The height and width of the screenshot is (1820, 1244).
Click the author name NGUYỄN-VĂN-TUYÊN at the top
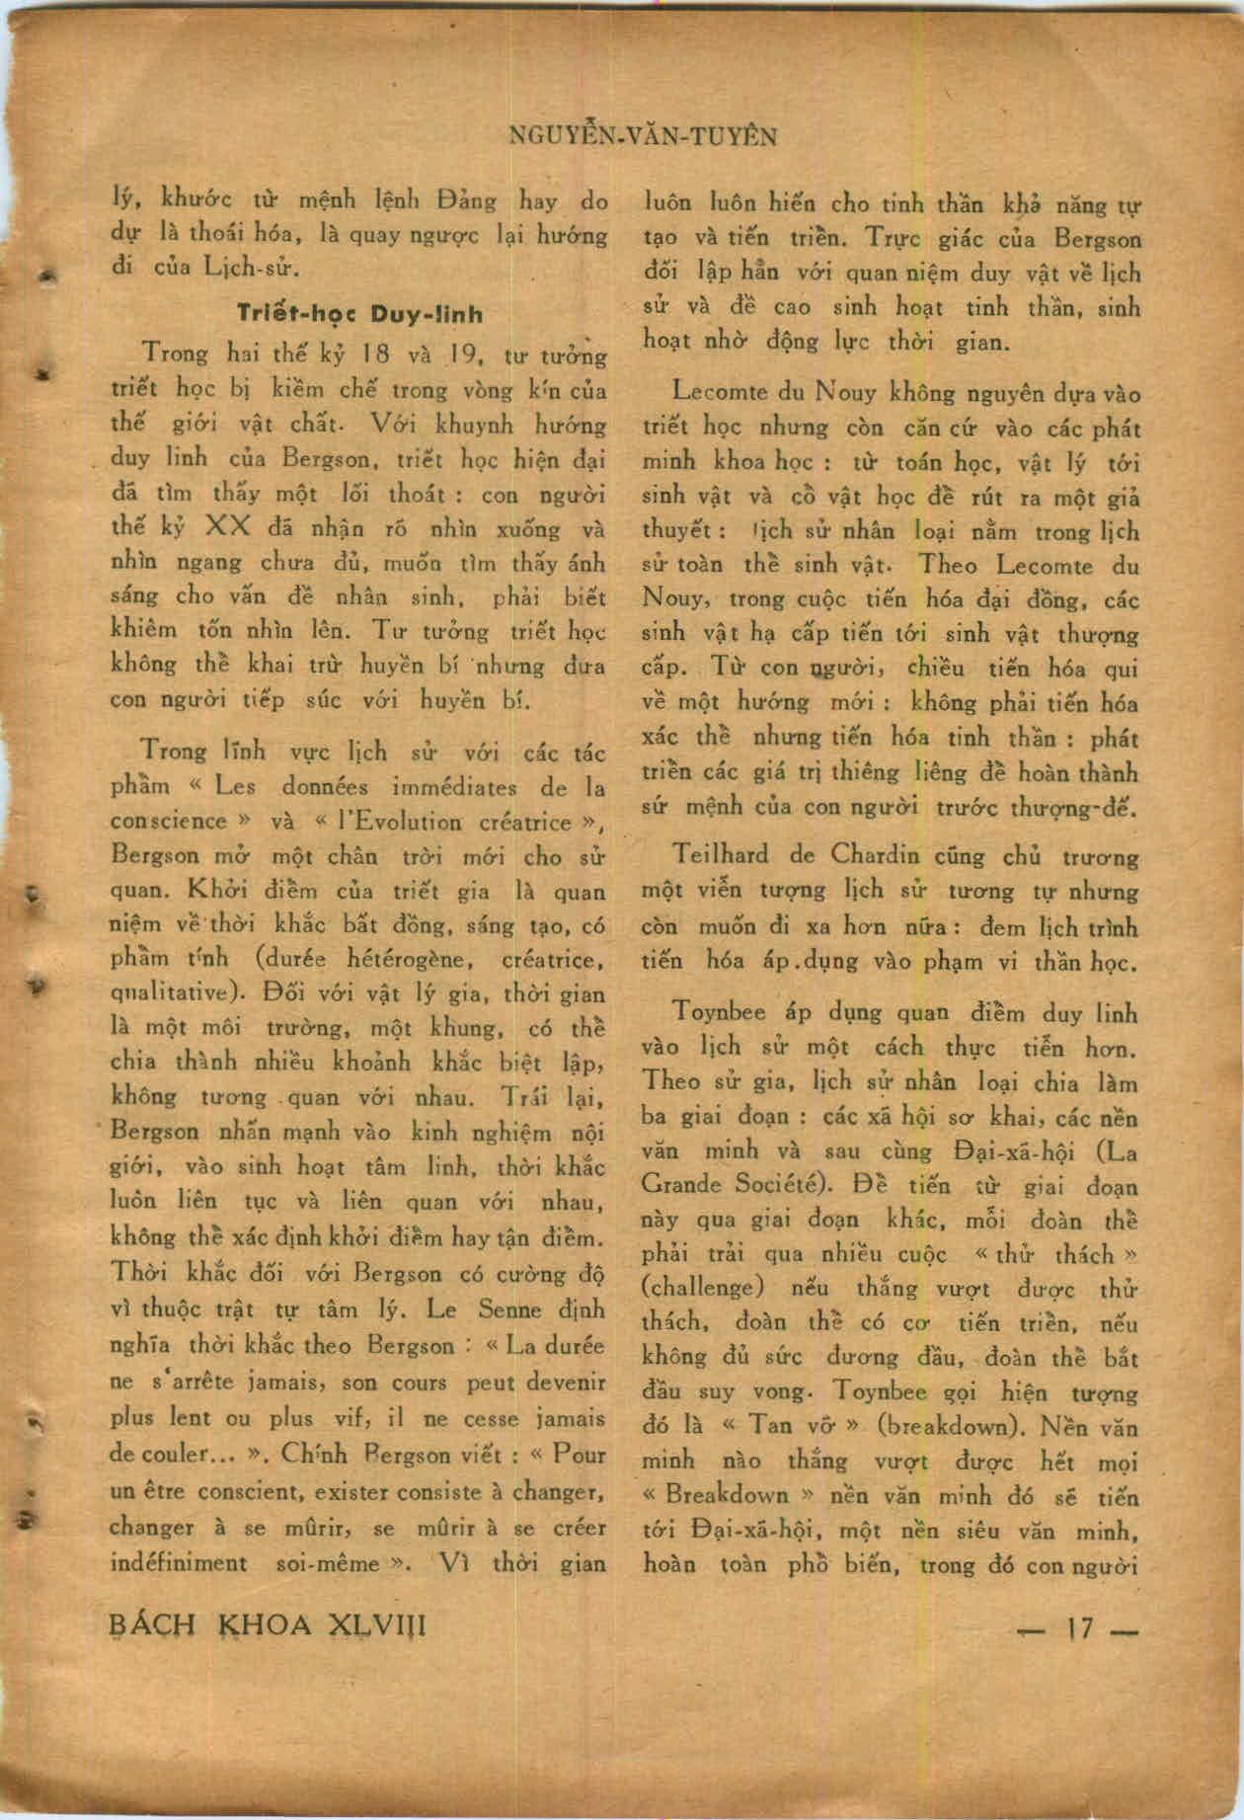[642, 136]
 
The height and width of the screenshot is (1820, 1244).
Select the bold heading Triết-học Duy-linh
[360, 314]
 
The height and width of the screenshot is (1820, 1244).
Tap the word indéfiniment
[178, 1563]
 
